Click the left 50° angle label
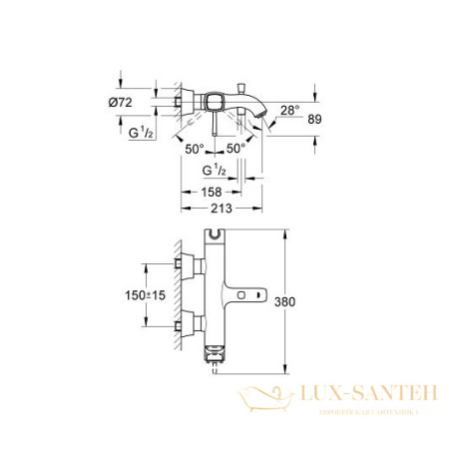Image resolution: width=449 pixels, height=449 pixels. coord(197,148)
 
